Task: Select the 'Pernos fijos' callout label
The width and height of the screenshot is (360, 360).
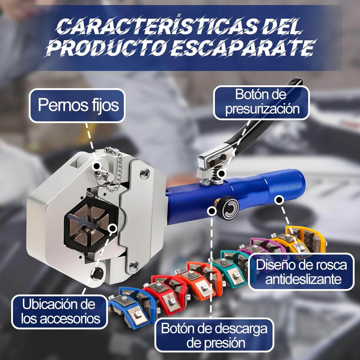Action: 77,105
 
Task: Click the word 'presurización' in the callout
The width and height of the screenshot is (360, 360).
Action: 262,109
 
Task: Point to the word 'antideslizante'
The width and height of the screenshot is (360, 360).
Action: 303,279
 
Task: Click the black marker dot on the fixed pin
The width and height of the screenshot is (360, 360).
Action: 96,165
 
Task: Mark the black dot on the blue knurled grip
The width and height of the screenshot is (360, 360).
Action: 279,200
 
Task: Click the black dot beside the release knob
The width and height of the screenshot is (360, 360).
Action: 211,211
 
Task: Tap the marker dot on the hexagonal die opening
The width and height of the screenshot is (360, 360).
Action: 112,229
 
